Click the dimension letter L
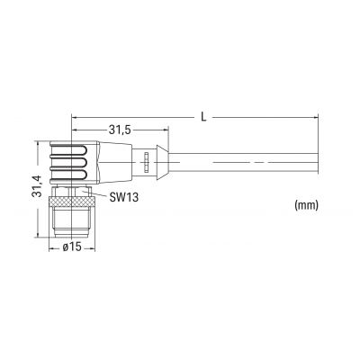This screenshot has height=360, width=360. point(203,116)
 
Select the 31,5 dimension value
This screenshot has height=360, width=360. point(119,130)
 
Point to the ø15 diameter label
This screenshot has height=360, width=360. point(72,247)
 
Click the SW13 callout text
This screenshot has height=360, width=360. point(123,197)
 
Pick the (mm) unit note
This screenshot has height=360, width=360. point(306,205)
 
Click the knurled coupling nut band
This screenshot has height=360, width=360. point(72,202)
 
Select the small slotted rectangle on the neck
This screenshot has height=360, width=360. point(146,162)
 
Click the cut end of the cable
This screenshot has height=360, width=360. point(318,162)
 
